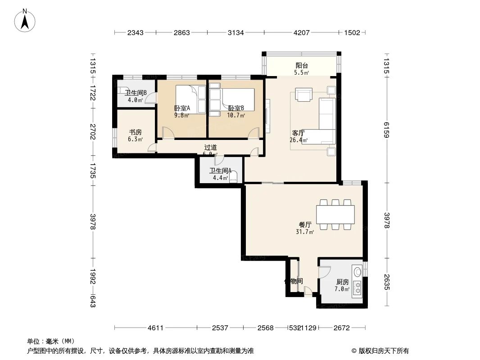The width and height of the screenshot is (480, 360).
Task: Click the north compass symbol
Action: [x=26, y=20]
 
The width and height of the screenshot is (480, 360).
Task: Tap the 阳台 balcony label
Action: [x=301, y=65]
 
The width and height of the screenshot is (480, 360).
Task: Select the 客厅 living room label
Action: [x=299, y=133]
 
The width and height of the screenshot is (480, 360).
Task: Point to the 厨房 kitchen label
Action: [x=342, y=282]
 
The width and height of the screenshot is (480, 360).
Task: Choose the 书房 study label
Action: [x=136, y=132]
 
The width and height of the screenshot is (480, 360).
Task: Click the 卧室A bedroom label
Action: [x=182, y=108]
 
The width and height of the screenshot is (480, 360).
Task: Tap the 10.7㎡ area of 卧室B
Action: [x=236, y=116]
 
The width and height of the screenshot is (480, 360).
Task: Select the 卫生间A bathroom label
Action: [x=220, y=171]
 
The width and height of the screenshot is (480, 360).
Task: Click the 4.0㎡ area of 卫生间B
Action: [x=135, y=100]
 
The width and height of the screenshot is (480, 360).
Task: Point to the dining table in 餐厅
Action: [x=335, y=215]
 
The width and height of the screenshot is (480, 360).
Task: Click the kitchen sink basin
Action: [x=358, y=271]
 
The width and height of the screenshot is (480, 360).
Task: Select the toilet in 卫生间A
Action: [x=233, y=178]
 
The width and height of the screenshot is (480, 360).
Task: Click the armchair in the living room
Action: [x=304, y=94]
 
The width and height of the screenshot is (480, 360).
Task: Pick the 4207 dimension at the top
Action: [x=301, y=32]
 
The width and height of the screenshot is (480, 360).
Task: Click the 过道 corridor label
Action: [x=210, y=147]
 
